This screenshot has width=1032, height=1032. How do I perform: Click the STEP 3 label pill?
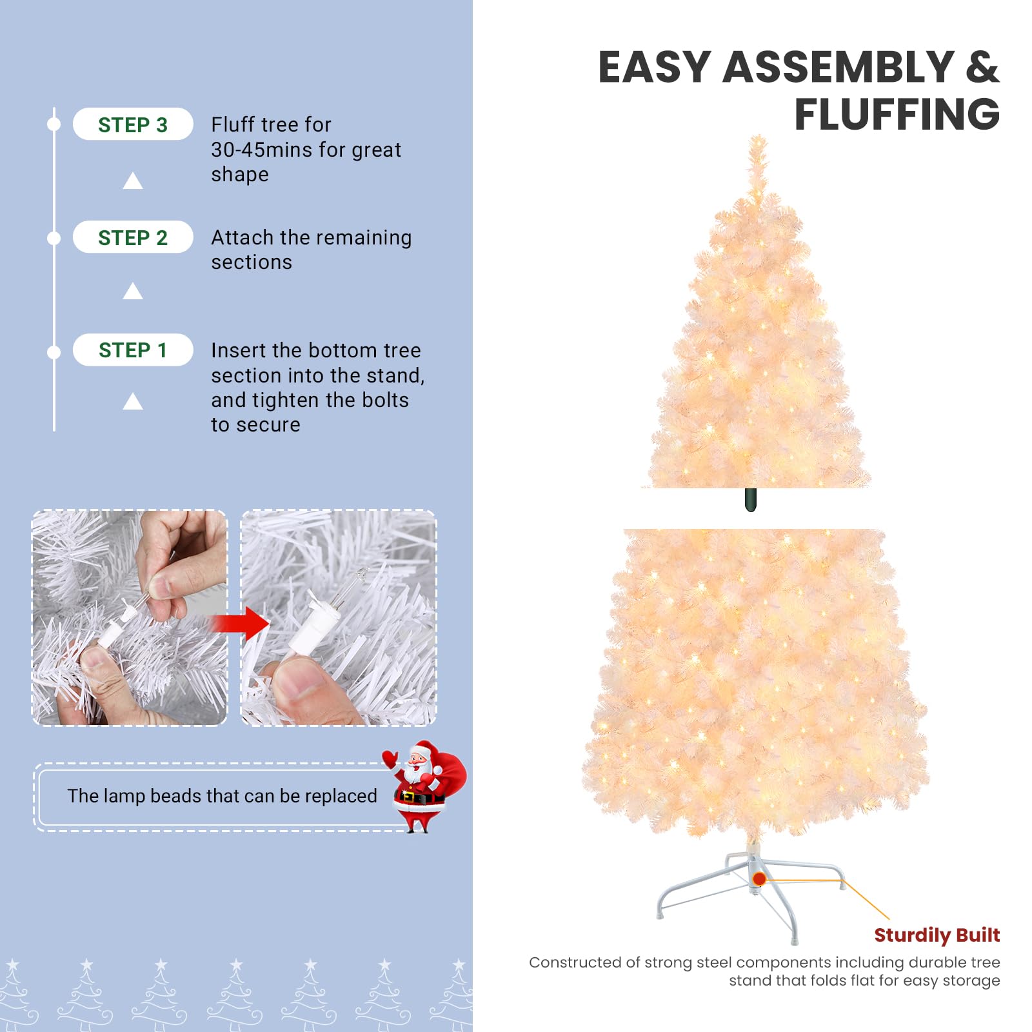[x=133, y=124]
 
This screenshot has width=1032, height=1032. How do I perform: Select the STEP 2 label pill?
[x=133, y=237]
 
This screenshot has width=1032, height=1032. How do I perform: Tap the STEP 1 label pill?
[x=133, y=350]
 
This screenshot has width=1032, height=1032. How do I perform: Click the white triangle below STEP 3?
[x=133, y=181]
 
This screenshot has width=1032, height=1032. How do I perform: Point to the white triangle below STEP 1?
[x=133, y=401]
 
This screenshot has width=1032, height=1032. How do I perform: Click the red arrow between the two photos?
[x=240, y=623]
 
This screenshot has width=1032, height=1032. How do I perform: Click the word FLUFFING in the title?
[x=897, y=114]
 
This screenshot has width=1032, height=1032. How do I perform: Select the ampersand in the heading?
[x=982, y=67]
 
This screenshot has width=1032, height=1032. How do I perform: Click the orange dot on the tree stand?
[x=759, y=878]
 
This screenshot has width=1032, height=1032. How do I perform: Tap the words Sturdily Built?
[x=937, y=935]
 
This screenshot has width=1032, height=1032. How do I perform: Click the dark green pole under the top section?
[x=750, y=500]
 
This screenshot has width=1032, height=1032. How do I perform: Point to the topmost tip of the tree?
[x=758, y=136]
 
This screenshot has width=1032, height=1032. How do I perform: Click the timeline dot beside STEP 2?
[x=54, y=239]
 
